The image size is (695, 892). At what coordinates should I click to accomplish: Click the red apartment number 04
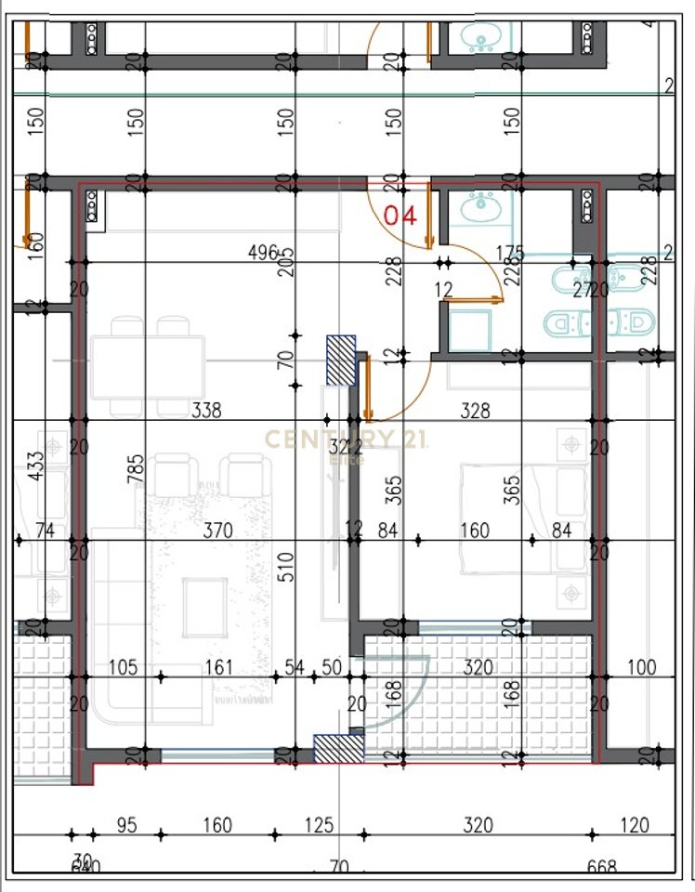(x=400, y=216)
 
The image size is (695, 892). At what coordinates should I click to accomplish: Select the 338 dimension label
(x=205, y=410)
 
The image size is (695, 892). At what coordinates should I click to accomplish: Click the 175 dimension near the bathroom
(x=510, y=253)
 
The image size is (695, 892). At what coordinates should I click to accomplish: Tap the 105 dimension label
(x=124, y=667)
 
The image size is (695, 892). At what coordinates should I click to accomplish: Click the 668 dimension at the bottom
(x=601, y=867)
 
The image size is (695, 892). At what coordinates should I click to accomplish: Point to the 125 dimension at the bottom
(x=319, y=825)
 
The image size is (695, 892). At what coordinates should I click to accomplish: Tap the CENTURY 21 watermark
(x=347, y=439)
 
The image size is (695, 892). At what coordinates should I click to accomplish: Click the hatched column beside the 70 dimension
(x=341, y=360)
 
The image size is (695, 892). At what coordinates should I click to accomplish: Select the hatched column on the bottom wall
(x=337, y=749)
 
